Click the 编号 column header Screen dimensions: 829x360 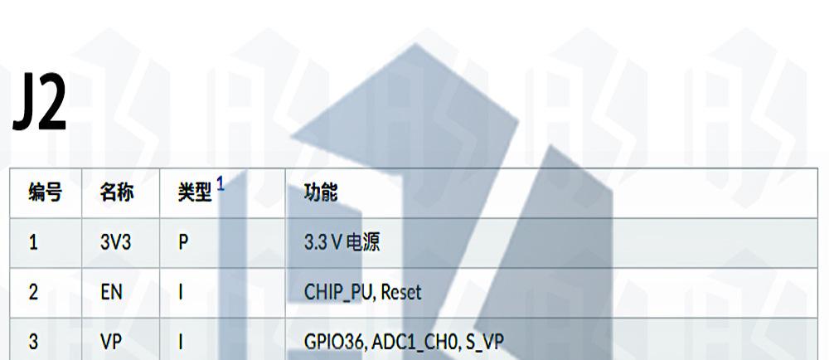click(x=45, y=193)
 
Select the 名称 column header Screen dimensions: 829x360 click(x=117, y=193)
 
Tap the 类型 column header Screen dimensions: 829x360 click(x=195, y=193)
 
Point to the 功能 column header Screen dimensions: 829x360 click(x=321, y=193)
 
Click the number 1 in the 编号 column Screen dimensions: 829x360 click(x=33, y=243)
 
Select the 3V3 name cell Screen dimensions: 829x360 click(x=115, y=243)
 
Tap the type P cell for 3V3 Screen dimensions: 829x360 click(x=183, y=243)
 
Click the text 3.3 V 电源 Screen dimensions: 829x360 click(x=342, y=243)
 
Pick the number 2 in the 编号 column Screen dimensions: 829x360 click(x=33, y=293)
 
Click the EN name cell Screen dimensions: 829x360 click(x=110, y=293)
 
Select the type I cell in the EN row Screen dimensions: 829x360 click(x=181, y=293)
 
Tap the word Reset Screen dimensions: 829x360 click(x=399, y=293)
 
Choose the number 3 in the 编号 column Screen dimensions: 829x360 click(x=33, y=342)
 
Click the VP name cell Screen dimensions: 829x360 click(x=111, y=342)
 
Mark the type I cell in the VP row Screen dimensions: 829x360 click(x=181, y=342)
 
